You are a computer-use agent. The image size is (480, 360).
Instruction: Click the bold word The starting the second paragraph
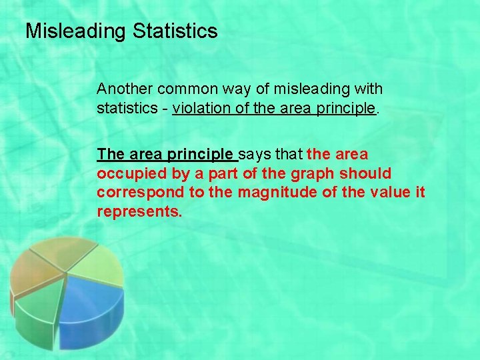tap(109, 155)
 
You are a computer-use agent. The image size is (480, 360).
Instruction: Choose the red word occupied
tap(125, 174)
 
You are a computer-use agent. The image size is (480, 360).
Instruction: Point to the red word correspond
tap(133, 193)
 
